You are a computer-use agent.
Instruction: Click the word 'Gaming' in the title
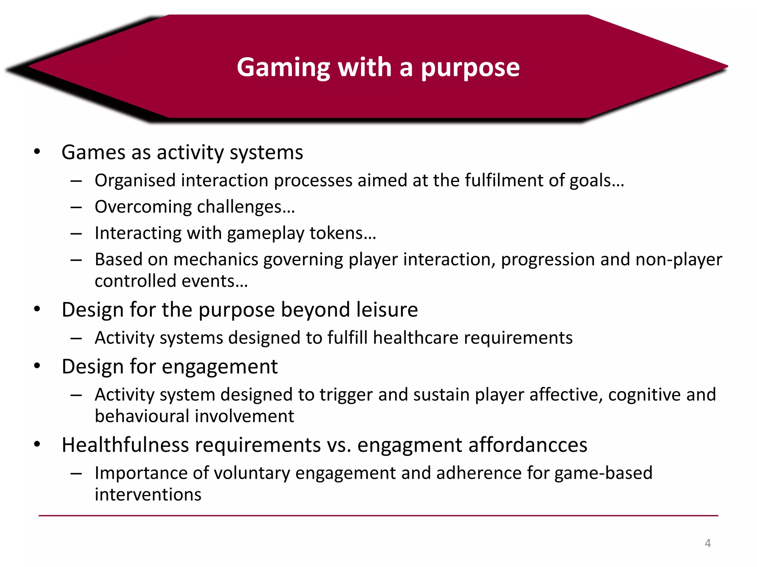tap(283, 68)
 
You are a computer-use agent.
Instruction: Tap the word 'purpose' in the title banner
tap(470, 68)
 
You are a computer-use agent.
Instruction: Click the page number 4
tap(707, 543)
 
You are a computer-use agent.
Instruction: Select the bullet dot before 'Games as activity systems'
tap(37, 152)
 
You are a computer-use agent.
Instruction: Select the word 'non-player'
tap(679, 260)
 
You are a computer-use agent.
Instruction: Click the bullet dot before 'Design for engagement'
tap(37, 366)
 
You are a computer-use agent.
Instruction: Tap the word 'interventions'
tap(148, 495)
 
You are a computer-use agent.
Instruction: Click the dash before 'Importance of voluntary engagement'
tap(76, 474)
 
